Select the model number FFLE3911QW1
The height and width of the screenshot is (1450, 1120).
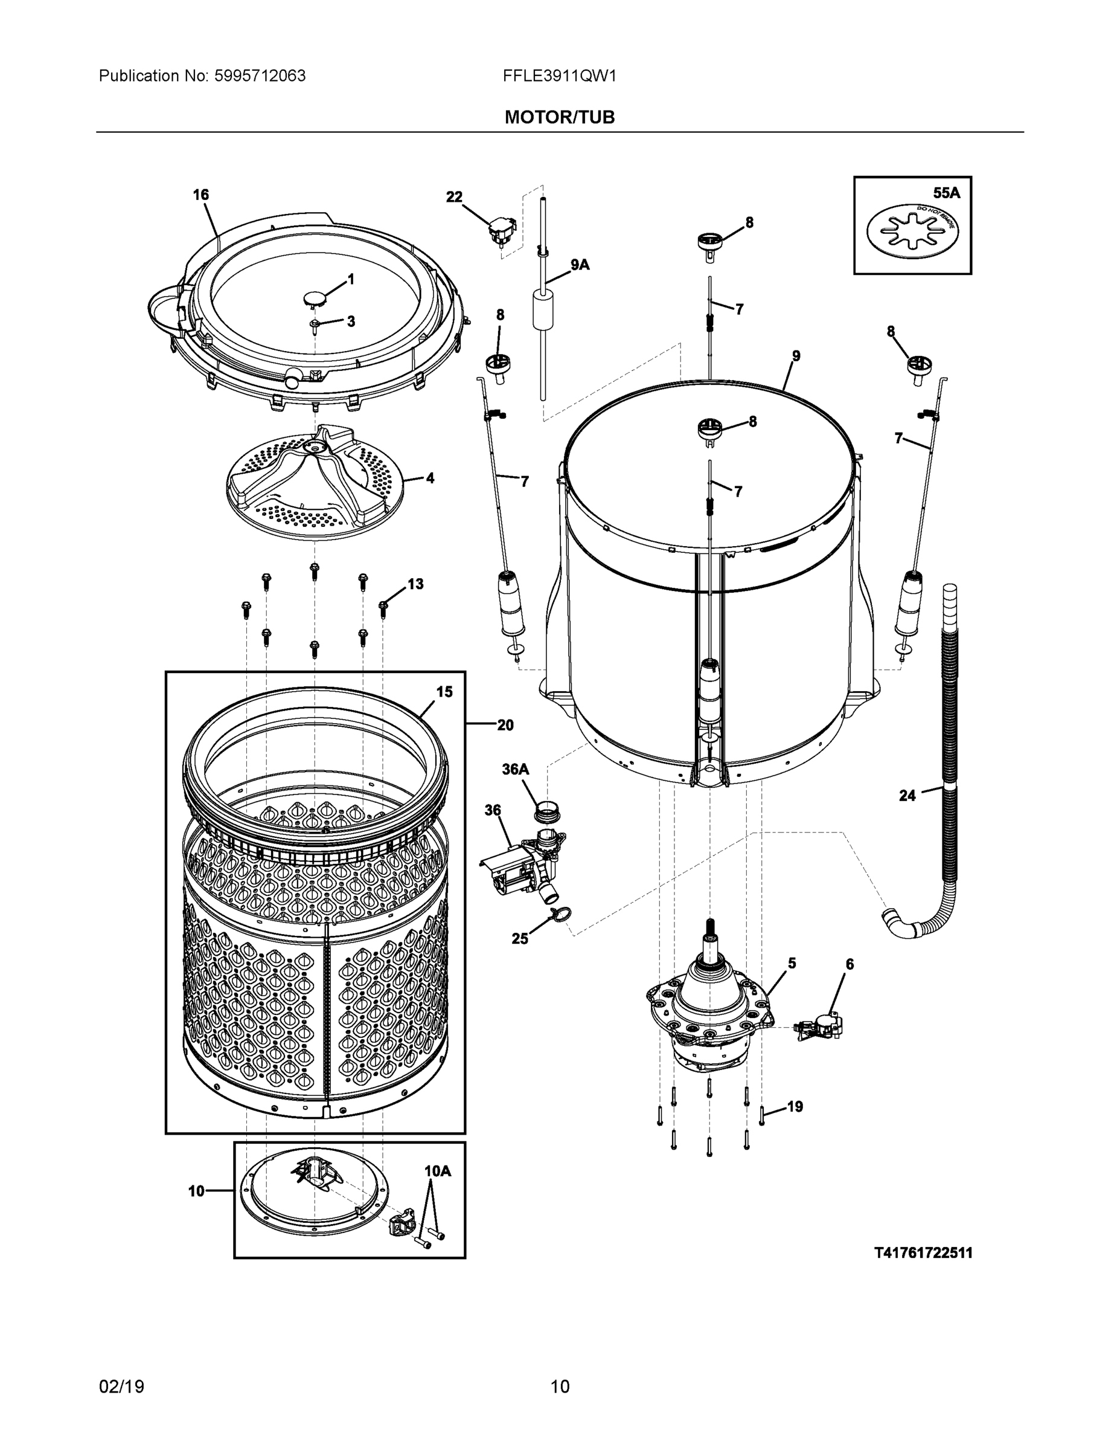pyautogui.click(x=559, y=76)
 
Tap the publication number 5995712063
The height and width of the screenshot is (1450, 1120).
pyautogui.click(x=260, y=76)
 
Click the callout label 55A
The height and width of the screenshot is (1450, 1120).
pyautogui.click(x=946, y=193)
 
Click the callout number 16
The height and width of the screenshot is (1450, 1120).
pyautogui.click(x=201, y=195)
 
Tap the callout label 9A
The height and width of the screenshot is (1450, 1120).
pyautogui.click(x=579, y=265)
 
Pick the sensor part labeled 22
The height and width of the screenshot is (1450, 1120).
pyautogui.click(x=502, y=233)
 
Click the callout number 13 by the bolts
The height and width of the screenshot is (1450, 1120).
pyautogui.click(x=415, y=584)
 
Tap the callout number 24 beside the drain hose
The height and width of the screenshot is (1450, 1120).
pyautogui.click(x=907, y=795)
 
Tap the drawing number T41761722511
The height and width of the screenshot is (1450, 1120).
pyautogui.click(x=923, y=1253)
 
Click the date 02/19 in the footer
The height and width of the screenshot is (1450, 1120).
pyautogui.click(x=121, y=1387)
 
